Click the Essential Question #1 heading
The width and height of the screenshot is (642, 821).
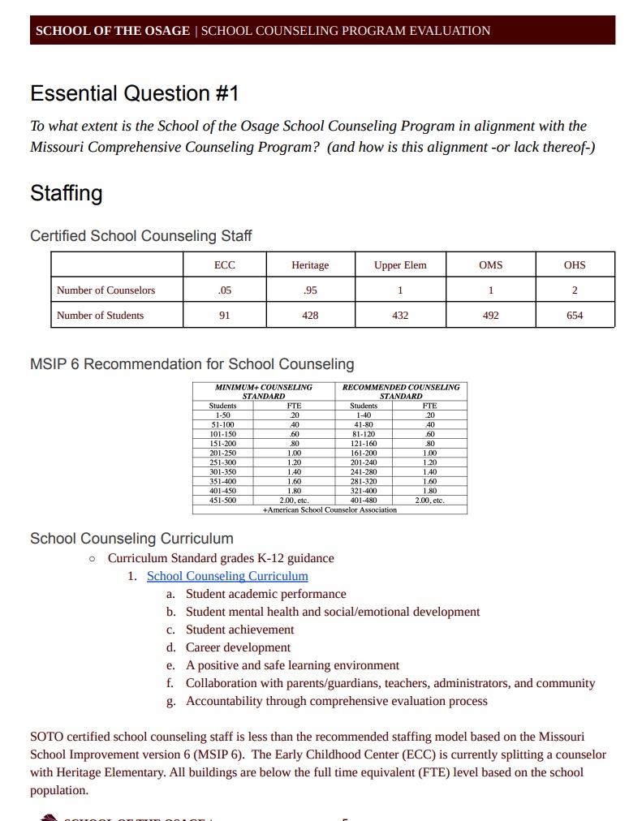[135, 94]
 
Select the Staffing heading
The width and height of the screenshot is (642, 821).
[67, 194]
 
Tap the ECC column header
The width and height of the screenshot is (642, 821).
[225, 265]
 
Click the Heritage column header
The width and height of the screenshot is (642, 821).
[310, 265]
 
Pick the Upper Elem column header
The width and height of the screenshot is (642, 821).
[400, 265]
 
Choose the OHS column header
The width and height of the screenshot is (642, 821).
[575, 265]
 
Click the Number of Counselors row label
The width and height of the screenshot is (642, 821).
[106, 290]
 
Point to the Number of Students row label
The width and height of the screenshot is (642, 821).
[100, 316]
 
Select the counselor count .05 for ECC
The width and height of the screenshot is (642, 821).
[225, 290]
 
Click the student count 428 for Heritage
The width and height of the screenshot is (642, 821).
[310, 316]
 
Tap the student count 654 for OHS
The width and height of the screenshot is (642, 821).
[575, 316]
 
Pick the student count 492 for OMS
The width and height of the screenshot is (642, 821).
[490, 316]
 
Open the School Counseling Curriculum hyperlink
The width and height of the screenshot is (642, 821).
[227, 576]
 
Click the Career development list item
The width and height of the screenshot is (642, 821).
[238, 647]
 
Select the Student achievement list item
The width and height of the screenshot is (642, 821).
[239, 630]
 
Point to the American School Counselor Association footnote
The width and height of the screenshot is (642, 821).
[330, 509]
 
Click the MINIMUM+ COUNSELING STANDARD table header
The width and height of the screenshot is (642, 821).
[264, 391]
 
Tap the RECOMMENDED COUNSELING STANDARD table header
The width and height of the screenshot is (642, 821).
[401, 391]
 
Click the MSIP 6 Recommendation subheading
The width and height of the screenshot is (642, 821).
[192, 364]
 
